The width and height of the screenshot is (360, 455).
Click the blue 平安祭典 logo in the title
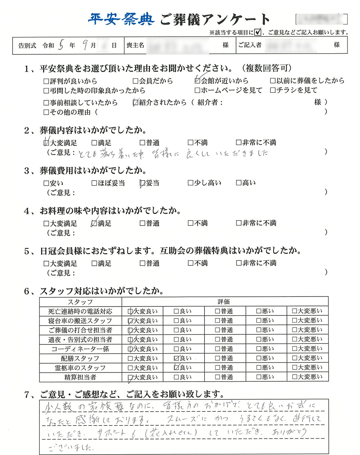[121, 19]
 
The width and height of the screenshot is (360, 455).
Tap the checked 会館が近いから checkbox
[197, 81]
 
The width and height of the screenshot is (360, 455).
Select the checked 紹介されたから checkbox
[135, 103]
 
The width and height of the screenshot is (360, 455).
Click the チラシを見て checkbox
[273, 90]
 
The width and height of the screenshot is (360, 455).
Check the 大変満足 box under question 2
[46, 143]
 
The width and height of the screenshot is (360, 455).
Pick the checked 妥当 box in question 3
[142, 183]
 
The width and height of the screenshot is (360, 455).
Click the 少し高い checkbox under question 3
[190, 183]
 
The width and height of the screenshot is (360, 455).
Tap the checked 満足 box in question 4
[94, 223]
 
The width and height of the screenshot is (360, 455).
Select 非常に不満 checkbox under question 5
[238, 263]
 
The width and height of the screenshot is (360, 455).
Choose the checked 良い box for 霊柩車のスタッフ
[176, 368]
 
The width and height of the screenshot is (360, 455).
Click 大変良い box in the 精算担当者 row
[130, 377]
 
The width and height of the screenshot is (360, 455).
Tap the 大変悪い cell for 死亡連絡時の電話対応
[307, 311]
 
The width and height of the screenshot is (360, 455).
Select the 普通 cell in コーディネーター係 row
[224, 349]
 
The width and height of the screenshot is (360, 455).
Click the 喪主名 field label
[135, 45]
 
